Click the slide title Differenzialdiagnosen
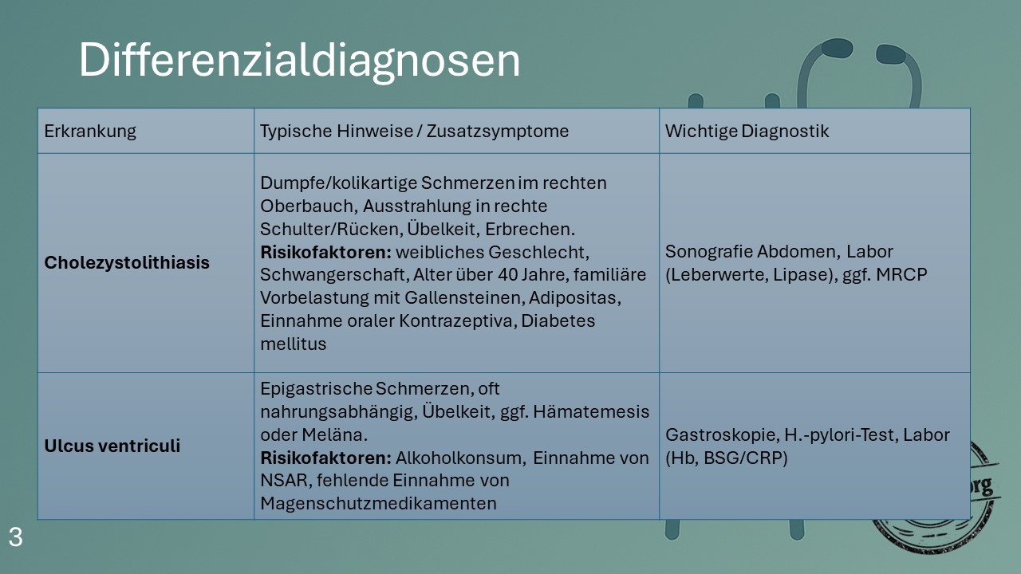click(x=299, y=61)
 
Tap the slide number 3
click(x=15, y=537)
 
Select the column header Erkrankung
click(x=90, y=132)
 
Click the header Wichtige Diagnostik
click(x=747, y=132)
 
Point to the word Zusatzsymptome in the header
click(x=498, y=132)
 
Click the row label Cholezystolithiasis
click(x=127, y=262)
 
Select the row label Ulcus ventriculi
click(x=112, y=446)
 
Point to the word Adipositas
click(x=575, y=297)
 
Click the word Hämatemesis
click(x=591, y=411)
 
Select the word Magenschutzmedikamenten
click(x=378, y=503)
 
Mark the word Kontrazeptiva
click(x=458, y=320)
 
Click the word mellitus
click(x=293, y=344)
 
